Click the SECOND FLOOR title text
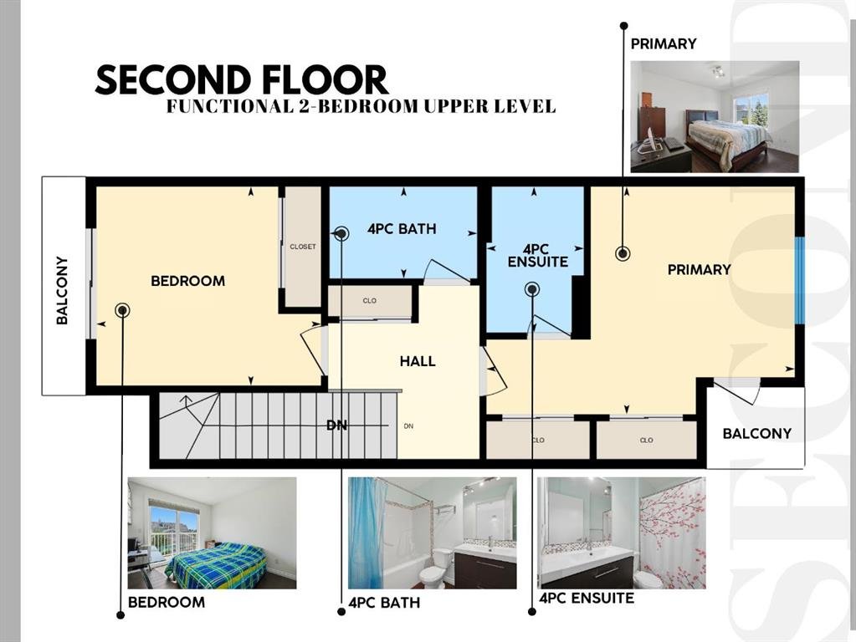click(241, 79)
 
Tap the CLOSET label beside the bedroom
click(303, 247)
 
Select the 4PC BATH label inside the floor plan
click(402, 229)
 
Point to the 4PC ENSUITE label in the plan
click(538, 256)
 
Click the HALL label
click(418, 361)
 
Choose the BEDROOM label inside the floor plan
click(187, 281)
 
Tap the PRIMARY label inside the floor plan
click(700, 269)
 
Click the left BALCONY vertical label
click(62, 290)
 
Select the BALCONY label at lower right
click(756, 434)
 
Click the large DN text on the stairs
click(337, 425)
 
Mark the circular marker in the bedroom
click(123, 310)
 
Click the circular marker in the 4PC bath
click(341, 234)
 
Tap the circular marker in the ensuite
click(532, 289)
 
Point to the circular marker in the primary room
click(623, 253)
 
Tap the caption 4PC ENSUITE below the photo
click(587, 599)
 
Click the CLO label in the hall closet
click(370, 301)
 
